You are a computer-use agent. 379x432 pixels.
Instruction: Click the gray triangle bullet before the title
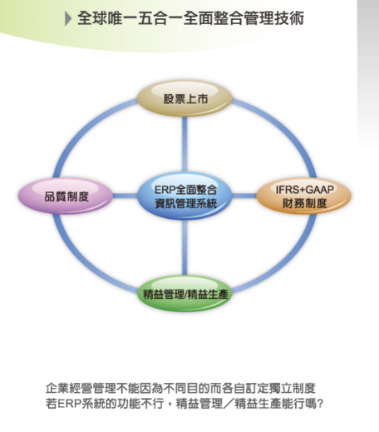(x=68, y=18)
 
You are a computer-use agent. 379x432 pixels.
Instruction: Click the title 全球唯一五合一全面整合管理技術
(x=190, y=18)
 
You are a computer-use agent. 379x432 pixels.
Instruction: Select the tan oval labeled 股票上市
(x=185, y=98)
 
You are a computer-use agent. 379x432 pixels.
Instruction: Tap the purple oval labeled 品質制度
(x=66, y=196)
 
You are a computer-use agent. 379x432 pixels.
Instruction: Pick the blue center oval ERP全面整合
(x=185, y=196)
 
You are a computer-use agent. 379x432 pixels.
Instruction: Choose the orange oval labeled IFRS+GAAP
(x=304, y=196)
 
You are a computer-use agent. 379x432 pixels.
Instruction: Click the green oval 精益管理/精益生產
(x=185, y=294)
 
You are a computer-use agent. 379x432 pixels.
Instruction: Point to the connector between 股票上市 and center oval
(x=185, y=144)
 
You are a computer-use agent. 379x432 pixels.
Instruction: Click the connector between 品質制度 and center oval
(x=126, y=196)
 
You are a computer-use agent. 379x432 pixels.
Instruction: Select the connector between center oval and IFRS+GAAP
(x=244, y=196)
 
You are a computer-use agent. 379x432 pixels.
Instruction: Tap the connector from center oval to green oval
(x=185, y=248)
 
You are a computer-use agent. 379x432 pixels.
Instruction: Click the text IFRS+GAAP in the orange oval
(x=304, y=190)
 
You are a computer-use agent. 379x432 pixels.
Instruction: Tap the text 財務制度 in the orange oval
(x=304, y=203)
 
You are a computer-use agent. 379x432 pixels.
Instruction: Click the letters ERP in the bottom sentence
(x=69, y=404)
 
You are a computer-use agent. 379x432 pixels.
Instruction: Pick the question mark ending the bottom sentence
(x=320, y=404)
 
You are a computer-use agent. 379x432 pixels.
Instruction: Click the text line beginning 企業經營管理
(x=180, y=388)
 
